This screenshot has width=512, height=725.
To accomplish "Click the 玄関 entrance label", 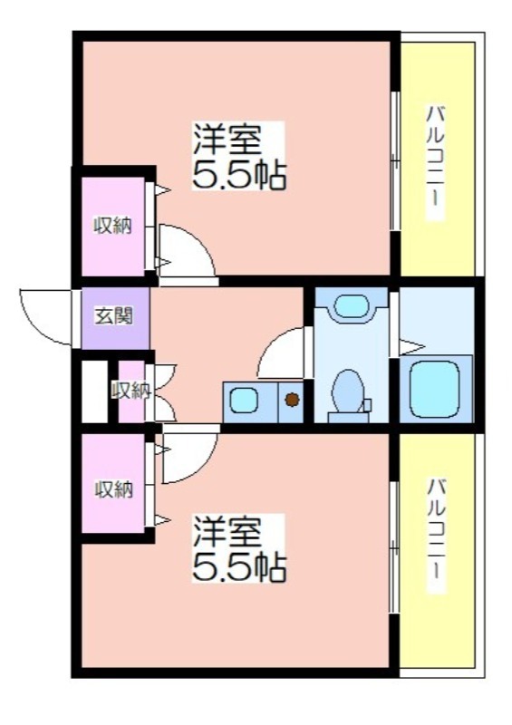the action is pos(114,316).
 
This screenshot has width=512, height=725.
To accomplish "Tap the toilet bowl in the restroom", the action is pos(347,391).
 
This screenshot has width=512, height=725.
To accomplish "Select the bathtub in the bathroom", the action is pos(435,389).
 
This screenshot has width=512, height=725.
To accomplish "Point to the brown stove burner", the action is pos(292,399).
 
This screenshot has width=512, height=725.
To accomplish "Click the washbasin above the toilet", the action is pos(351,305).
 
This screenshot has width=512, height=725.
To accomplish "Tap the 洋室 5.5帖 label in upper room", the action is pos(238,156).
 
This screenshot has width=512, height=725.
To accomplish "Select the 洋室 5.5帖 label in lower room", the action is pos(238,548).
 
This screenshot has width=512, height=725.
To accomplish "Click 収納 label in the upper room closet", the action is pos(113,226).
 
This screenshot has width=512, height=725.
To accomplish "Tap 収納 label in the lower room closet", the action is pos(114,489).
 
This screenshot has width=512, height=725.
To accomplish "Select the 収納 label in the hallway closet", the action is pos(131,391).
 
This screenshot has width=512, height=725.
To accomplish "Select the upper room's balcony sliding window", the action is pos(394,161).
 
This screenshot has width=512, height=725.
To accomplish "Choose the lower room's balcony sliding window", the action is pos(394,547).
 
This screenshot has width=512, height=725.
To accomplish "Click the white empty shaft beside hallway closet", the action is pos(95,391).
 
